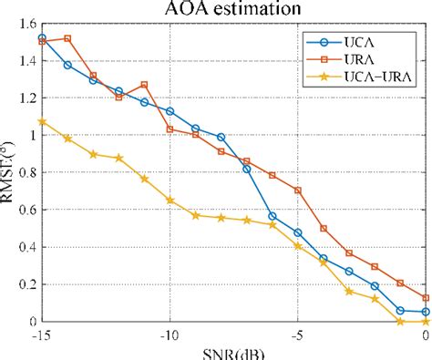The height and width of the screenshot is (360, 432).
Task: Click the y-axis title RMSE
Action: (9, 173)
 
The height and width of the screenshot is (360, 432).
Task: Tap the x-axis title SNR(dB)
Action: (234, 354)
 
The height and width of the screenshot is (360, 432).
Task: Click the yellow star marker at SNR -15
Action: (42, 121)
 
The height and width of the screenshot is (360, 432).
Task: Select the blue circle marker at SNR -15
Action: (42, 38)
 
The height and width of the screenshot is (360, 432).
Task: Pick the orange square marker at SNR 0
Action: (426, 298)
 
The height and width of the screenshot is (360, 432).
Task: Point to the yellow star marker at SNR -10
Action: (170, 200)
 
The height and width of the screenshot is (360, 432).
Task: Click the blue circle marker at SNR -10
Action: (170, 111)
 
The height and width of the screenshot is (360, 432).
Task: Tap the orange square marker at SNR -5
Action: (298, 190)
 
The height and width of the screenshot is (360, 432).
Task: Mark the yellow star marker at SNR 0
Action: (426, 321)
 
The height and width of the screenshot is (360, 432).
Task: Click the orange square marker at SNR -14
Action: (67, 39)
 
